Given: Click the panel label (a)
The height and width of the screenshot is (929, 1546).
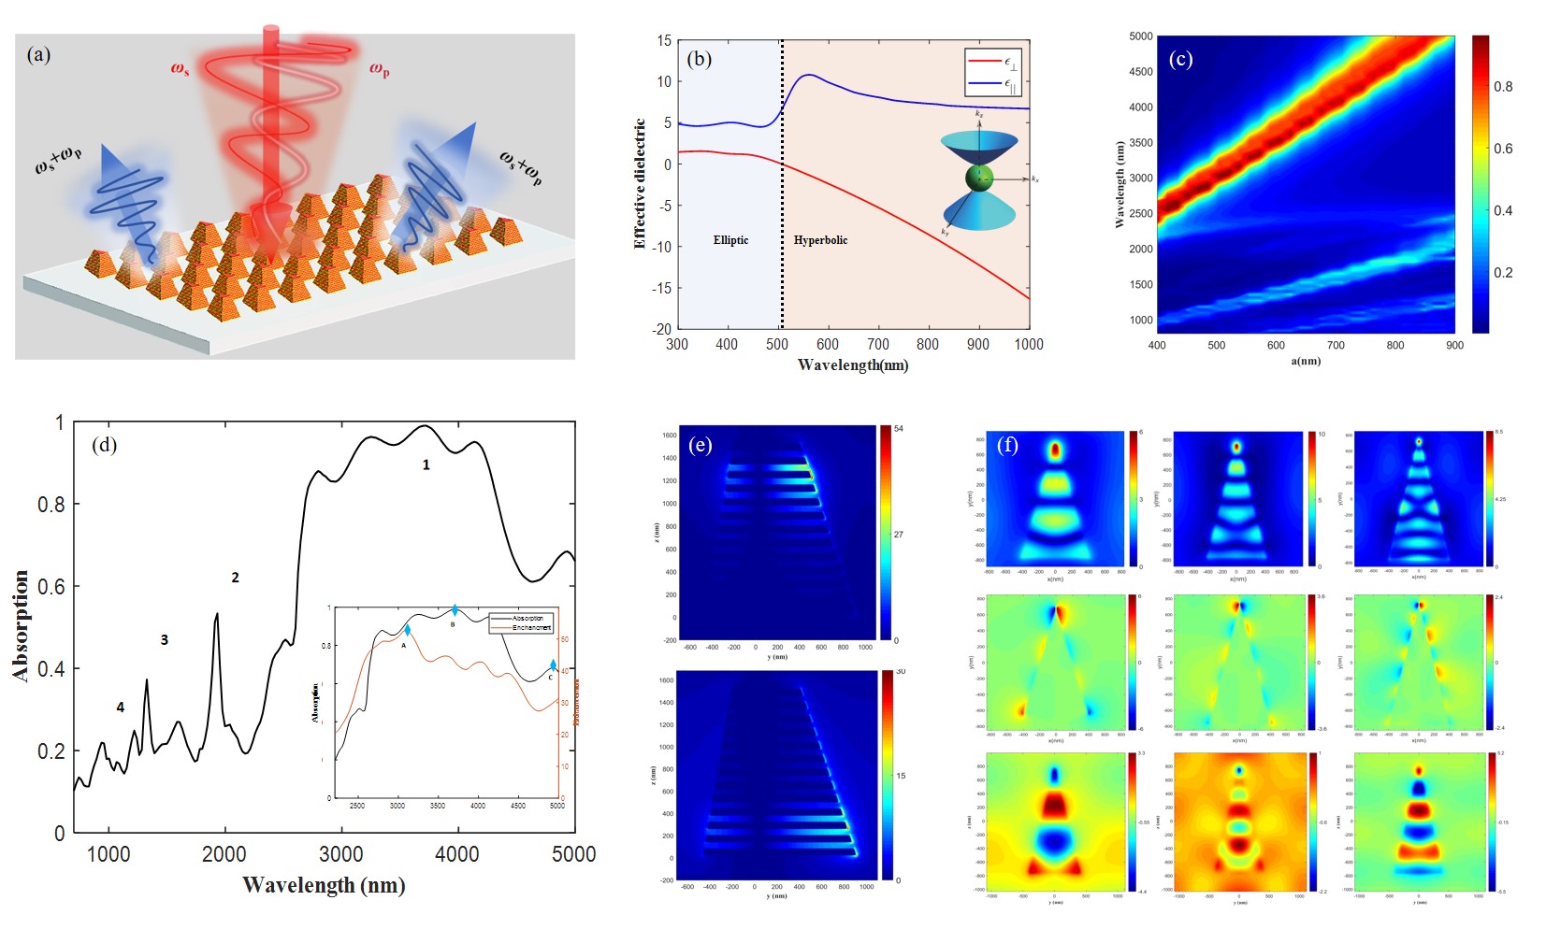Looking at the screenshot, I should coord(39,54).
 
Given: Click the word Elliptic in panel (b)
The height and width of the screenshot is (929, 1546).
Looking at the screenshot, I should coord(730,240).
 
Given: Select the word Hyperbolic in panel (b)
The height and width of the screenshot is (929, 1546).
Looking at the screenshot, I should coord(820,240).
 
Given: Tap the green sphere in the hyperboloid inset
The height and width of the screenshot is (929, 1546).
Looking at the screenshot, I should coord(978,178).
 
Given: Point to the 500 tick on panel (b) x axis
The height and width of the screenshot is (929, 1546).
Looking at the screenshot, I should coord(777,344).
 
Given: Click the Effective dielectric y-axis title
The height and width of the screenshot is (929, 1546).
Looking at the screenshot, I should coord(640,183).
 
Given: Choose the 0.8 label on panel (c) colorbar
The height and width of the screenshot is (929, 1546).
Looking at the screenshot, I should coord(1503,87).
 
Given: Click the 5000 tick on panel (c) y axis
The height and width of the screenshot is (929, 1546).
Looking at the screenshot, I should coord(1140,36).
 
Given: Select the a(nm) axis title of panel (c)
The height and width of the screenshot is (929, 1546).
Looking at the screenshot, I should coord(1306,361).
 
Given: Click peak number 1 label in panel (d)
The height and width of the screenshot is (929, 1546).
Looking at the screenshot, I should coord(426,464).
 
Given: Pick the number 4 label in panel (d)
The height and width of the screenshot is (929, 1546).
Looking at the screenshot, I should coord(121,707).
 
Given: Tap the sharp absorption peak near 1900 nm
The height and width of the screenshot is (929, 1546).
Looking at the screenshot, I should coord(217,615).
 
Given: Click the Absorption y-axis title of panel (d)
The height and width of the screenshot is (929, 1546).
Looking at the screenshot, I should coord(21,625).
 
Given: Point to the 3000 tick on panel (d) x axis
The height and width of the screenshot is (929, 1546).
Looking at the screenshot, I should coord(341,853).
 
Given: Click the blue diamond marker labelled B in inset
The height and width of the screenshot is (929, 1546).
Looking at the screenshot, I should coord(455,610).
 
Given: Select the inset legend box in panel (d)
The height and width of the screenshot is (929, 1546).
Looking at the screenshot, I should coord(521,622).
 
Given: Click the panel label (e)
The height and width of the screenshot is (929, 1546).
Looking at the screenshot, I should coord(700,445).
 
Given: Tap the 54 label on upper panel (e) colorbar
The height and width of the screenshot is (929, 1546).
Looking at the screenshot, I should coord(899,429).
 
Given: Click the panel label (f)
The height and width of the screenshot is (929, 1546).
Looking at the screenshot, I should coord(1007,445).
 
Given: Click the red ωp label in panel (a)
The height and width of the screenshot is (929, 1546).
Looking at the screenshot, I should coord(379,69).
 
